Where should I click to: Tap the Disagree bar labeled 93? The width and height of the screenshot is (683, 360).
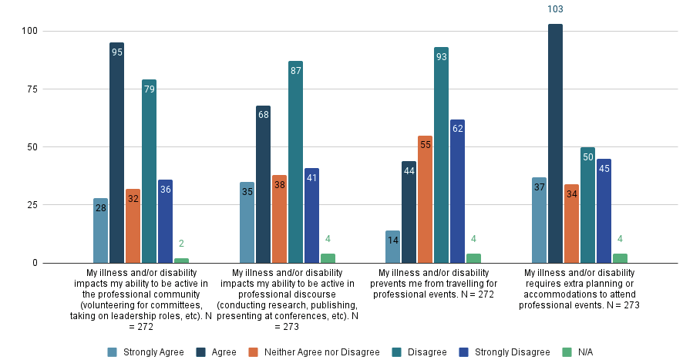pyautogui.click(x=441, y=155)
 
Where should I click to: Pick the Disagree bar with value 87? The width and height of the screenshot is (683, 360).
pyautogui.click(x=295, y=162)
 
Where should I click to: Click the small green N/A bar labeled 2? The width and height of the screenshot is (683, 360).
pyautogui.click(x=181, y=261)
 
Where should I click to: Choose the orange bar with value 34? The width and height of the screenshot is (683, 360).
pyautogui.click(x=571, y=224)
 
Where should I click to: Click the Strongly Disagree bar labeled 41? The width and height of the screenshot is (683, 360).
pyautogui.click(x=311, y=215)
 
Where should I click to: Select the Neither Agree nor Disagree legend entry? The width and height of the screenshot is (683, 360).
pyautogui.click(x=313, y=352)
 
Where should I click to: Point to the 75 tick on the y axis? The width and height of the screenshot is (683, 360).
pyautogui.click(x=31, y=89)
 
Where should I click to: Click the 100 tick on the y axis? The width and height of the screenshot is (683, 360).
pyautogui.click(x=29, y=31)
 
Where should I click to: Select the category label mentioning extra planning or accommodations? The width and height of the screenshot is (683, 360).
pyautogui.click(x=579, y=288)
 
